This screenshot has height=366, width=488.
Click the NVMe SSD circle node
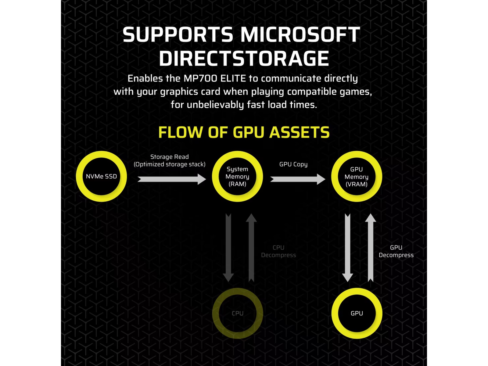point(101,176)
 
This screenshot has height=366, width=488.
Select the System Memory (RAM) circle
point(237,176)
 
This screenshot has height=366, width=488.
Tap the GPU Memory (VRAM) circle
point(357,177)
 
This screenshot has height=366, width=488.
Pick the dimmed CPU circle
point(237,313)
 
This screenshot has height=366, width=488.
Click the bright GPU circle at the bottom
point(357,313)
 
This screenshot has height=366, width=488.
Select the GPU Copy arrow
point(297,179)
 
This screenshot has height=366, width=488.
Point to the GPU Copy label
point(293,164)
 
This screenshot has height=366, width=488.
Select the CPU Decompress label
point(278,251)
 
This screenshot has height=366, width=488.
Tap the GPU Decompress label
point(396,251)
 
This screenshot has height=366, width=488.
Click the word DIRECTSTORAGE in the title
point(244,59)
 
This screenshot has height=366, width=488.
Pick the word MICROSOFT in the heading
point(300,34)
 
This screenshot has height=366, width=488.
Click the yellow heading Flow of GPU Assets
point(244,132)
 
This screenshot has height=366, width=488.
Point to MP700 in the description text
point(200,78)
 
